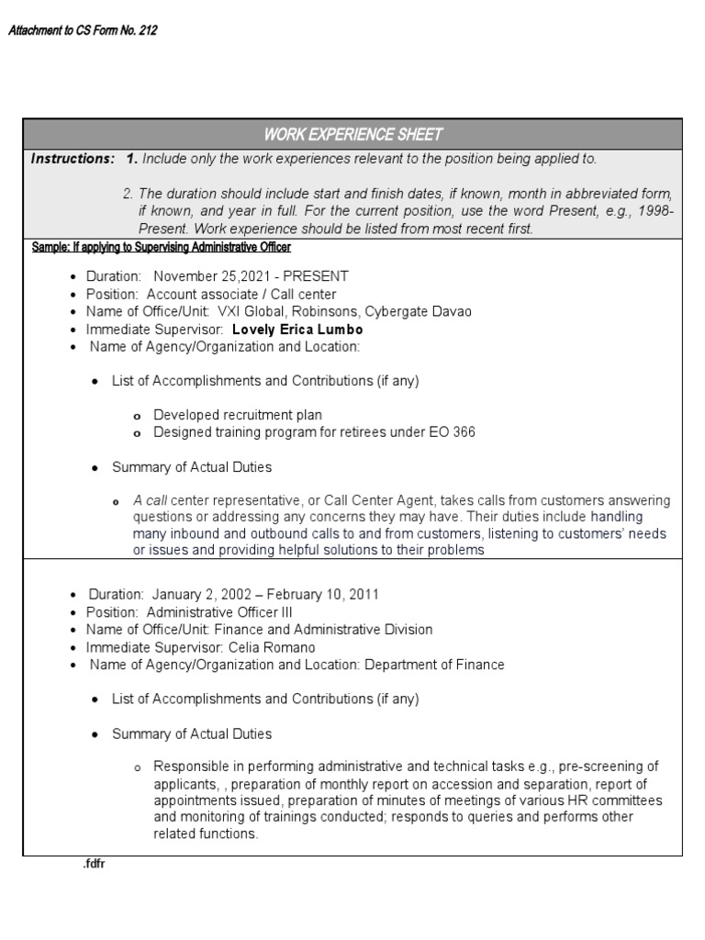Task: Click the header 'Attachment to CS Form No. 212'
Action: [x=83, y=31]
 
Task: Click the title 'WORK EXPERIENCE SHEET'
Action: [x=352, y=135]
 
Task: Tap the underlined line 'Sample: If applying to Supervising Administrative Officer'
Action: [x=162, y=248]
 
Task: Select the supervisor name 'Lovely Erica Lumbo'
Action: [x=297, y=330]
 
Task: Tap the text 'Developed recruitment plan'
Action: [x=238, y=415]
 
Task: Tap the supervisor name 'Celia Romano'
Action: [x=274, y=647]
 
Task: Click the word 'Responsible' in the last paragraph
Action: [x=189, y=767]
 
